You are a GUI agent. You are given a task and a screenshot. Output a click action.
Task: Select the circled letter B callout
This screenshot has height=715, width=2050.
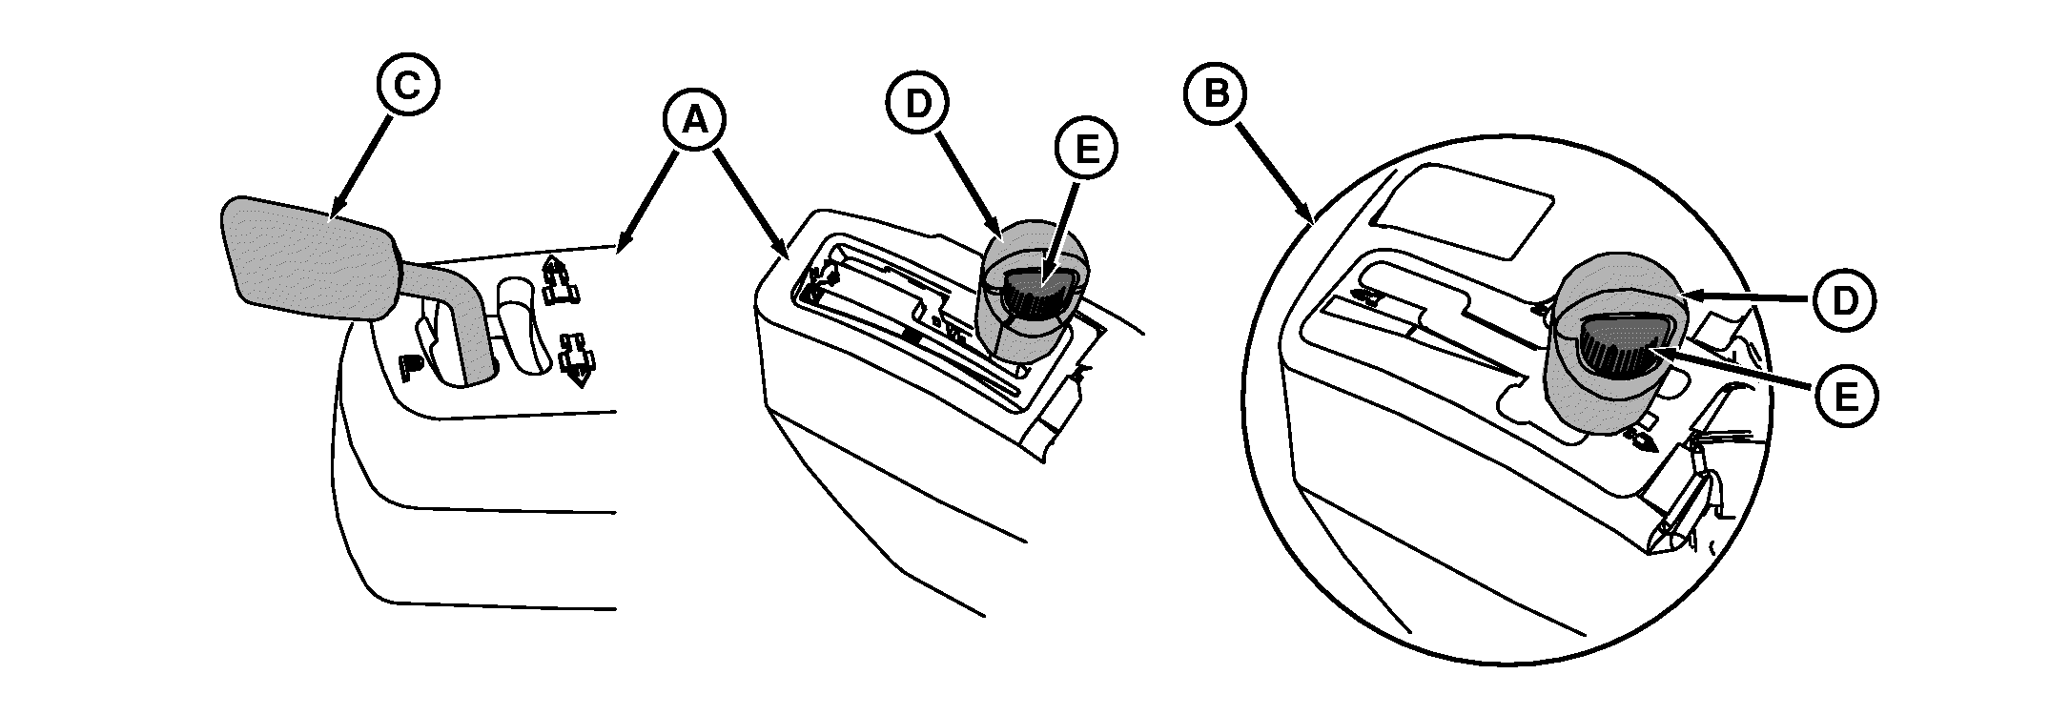click(1215, 92)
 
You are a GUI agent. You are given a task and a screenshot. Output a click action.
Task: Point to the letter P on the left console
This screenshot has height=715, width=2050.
click(411, 365)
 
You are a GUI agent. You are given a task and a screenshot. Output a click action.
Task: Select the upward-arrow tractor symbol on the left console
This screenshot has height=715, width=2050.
click(561, 281)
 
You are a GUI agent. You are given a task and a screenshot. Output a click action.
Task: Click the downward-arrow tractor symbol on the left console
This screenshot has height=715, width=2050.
click(576, 358)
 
